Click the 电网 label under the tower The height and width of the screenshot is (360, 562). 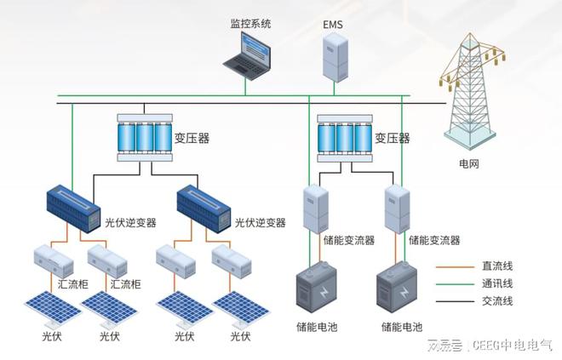469,163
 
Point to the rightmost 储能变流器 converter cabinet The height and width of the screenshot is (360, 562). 394,209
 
